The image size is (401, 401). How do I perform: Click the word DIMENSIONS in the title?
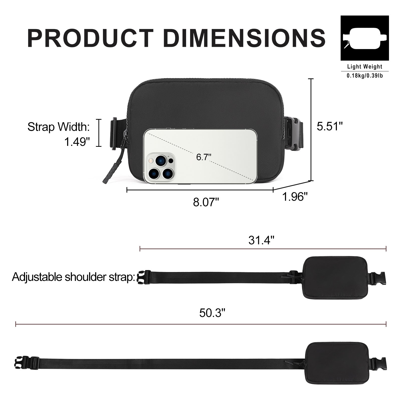244,38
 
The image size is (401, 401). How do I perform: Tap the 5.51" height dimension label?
329,126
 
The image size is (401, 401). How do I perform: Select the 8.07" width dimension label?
206,202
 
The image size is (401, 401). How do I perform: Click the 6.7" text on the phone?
204,157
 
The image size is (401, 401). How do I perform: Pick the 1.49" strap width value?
77,142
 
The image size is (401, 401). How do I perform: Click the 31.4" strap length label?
261,240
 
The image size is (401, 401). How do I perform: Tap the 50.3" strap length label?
212,313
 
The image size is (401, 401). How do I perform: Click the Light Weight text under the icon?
364,67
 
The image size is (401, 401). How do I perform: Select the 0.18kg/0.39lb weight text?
364,75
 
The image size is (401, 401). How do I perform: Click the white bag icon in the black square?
364,38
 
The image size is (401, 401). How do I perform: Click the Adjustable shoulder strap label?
73,277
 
